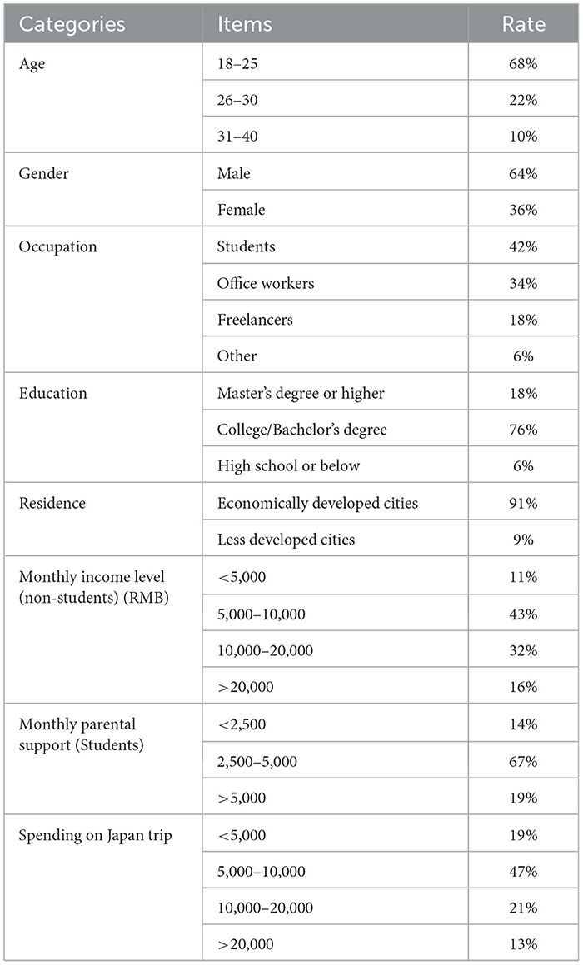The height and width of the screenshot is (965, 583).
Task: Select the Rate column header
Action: pos(524,23)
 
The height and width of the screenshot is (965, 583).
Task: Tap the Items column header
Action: pos(244,23)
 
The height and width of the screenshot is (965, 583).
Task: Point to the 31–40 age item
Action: pos(238,137)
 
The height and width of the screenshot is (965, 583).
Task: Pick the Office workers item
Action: pos(266,283)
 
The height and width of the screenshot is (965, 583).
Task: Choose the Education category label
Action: pos(52,393)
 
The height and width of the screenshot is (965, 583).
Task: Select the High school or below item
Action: pos(288,466)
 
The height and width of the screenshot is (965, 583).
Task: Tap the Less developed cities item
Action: pos(286,540)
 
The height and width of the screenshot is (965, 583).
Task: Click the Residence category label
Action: pos(52,503)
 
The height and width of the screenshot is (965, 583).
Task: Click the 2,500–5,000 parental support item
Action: pos(258,761)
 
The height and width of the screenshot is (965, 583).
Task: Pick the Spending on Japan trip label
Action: pos(95,835)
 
